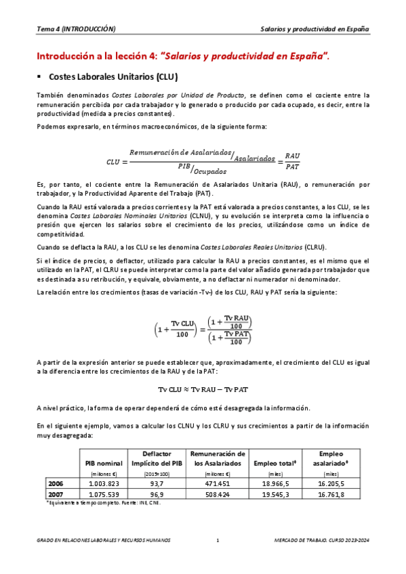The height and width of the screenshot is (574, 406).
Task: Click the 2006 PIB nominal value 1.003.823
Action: coord(104,484)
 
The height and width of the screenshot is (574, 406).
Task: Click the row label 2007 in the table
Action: coord(56,495)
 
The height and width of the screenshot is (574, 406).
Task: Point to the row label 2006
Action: coord(56,484)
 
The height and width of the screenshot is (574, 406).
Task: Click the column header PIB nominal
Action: coord(104,463)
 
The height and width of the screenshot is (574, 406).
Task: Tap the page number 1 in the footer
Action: coord(217,540)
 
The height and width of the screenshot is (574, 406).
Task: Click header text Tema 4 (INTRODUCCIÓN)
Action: coord(76,29)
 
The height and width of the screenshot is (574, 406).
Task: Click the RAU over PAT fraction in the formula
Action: coord(293,160)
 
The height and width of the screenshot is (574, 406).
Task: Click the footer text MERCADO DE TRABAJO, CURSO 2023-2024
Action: coord(321,540)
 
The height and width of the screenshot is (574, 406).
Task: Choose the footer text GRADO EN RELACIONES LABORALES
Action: coord(103,540)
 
